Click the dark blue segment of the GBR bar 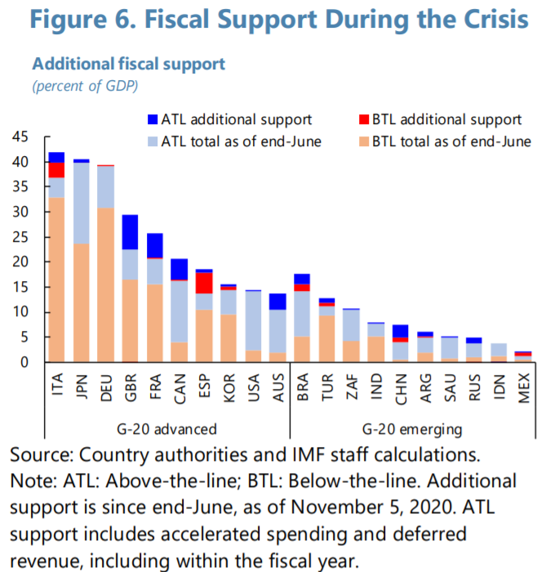130,232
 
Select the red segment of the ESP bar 204,283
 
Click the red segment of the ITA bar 56,170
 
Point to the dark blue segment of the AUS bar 278,301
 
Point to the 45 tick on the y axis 22,137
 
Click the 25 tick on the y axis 22,237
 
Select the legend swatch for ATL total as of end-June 152,141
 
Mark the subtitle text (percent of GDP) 85,85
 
